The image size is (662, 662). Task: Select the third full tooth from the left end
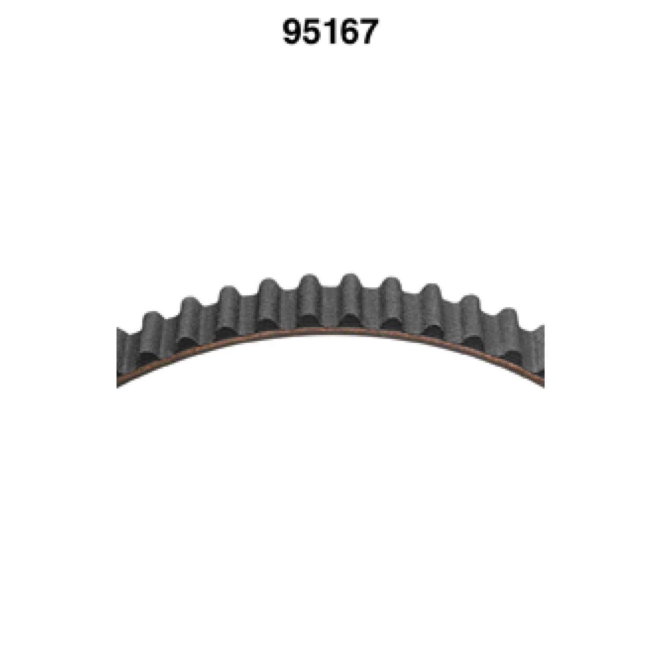[x=229, y=307]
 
